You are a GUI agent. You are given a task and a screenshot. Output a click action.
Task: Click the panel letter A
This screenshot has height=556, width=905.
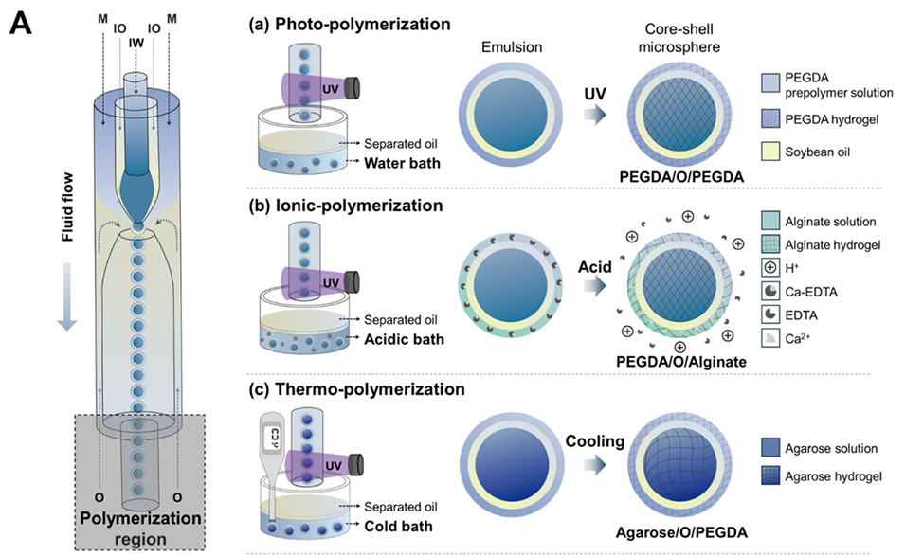(x=21, y=23)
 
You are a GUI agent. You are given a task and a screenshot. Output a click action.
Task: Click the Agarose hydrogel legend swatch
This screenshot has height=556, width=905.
(x=772, y=476)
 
